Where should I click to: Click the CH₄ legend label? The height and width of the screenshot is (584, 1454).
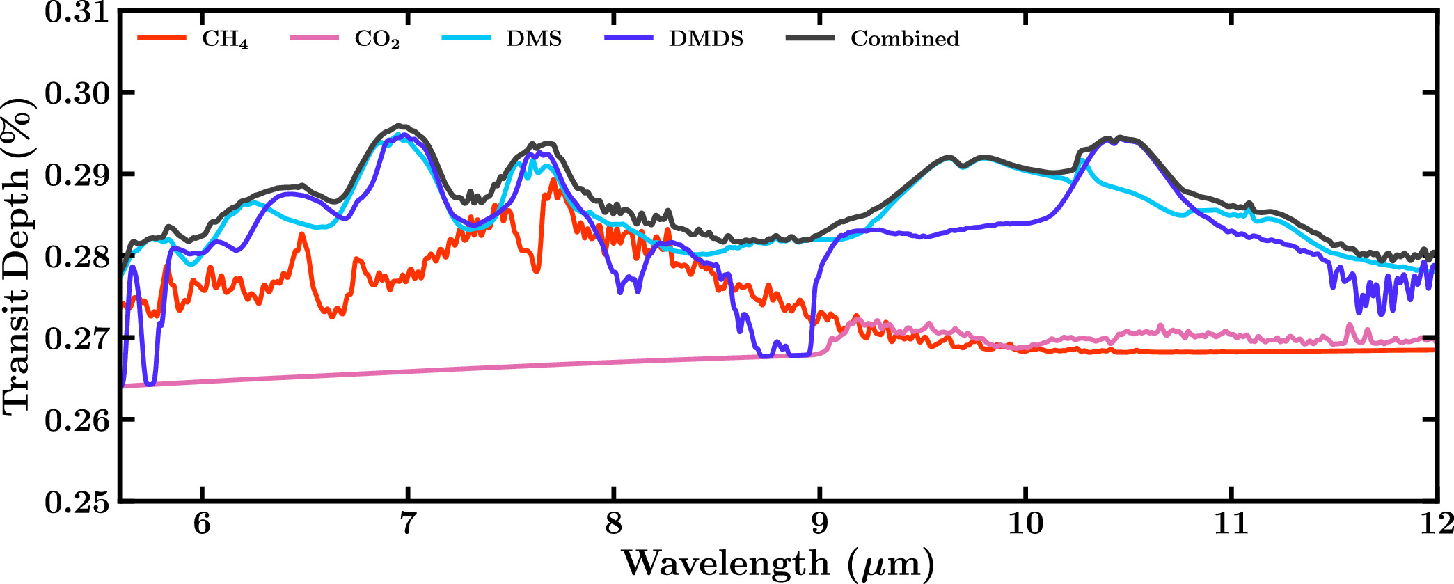(225, 39)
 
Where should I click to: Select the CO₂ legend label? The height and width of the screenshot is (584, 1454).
(377, 39)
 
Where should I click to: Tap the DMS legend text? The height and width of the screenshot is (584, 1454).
(534, 38)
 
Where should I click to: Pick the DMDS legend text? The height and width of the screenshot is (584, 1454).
(706, 38)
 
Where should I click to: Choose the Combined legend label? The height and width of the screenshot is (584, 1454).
(904, 38)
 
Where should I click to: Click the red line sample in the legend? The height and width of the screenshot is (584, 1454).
(161, 38)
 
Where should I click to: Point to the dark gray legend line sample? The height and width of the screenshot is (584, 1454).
(810, 38)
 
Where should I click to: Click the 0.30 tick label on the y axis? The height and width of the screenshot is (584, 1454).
(77, 93)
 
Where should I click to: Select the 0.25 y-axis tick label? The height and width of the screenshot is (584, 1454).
(77, 502)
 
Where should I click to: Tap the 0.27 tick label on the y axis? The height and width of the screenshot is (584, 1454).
(77, 338)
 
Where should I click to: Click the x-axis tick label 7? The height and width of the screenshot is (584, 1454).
(407, 523)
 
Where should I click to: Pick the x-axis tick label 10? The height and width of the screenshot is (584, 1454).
(1025, 523)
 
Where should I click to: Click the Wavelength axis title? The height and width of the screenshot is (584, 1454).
(777, 562)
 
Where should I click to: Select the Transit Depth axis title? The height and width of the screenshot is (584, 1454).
(17, 256)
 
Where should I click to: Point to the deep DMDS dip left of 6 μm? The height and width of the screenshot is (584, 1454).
(150, 382)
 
